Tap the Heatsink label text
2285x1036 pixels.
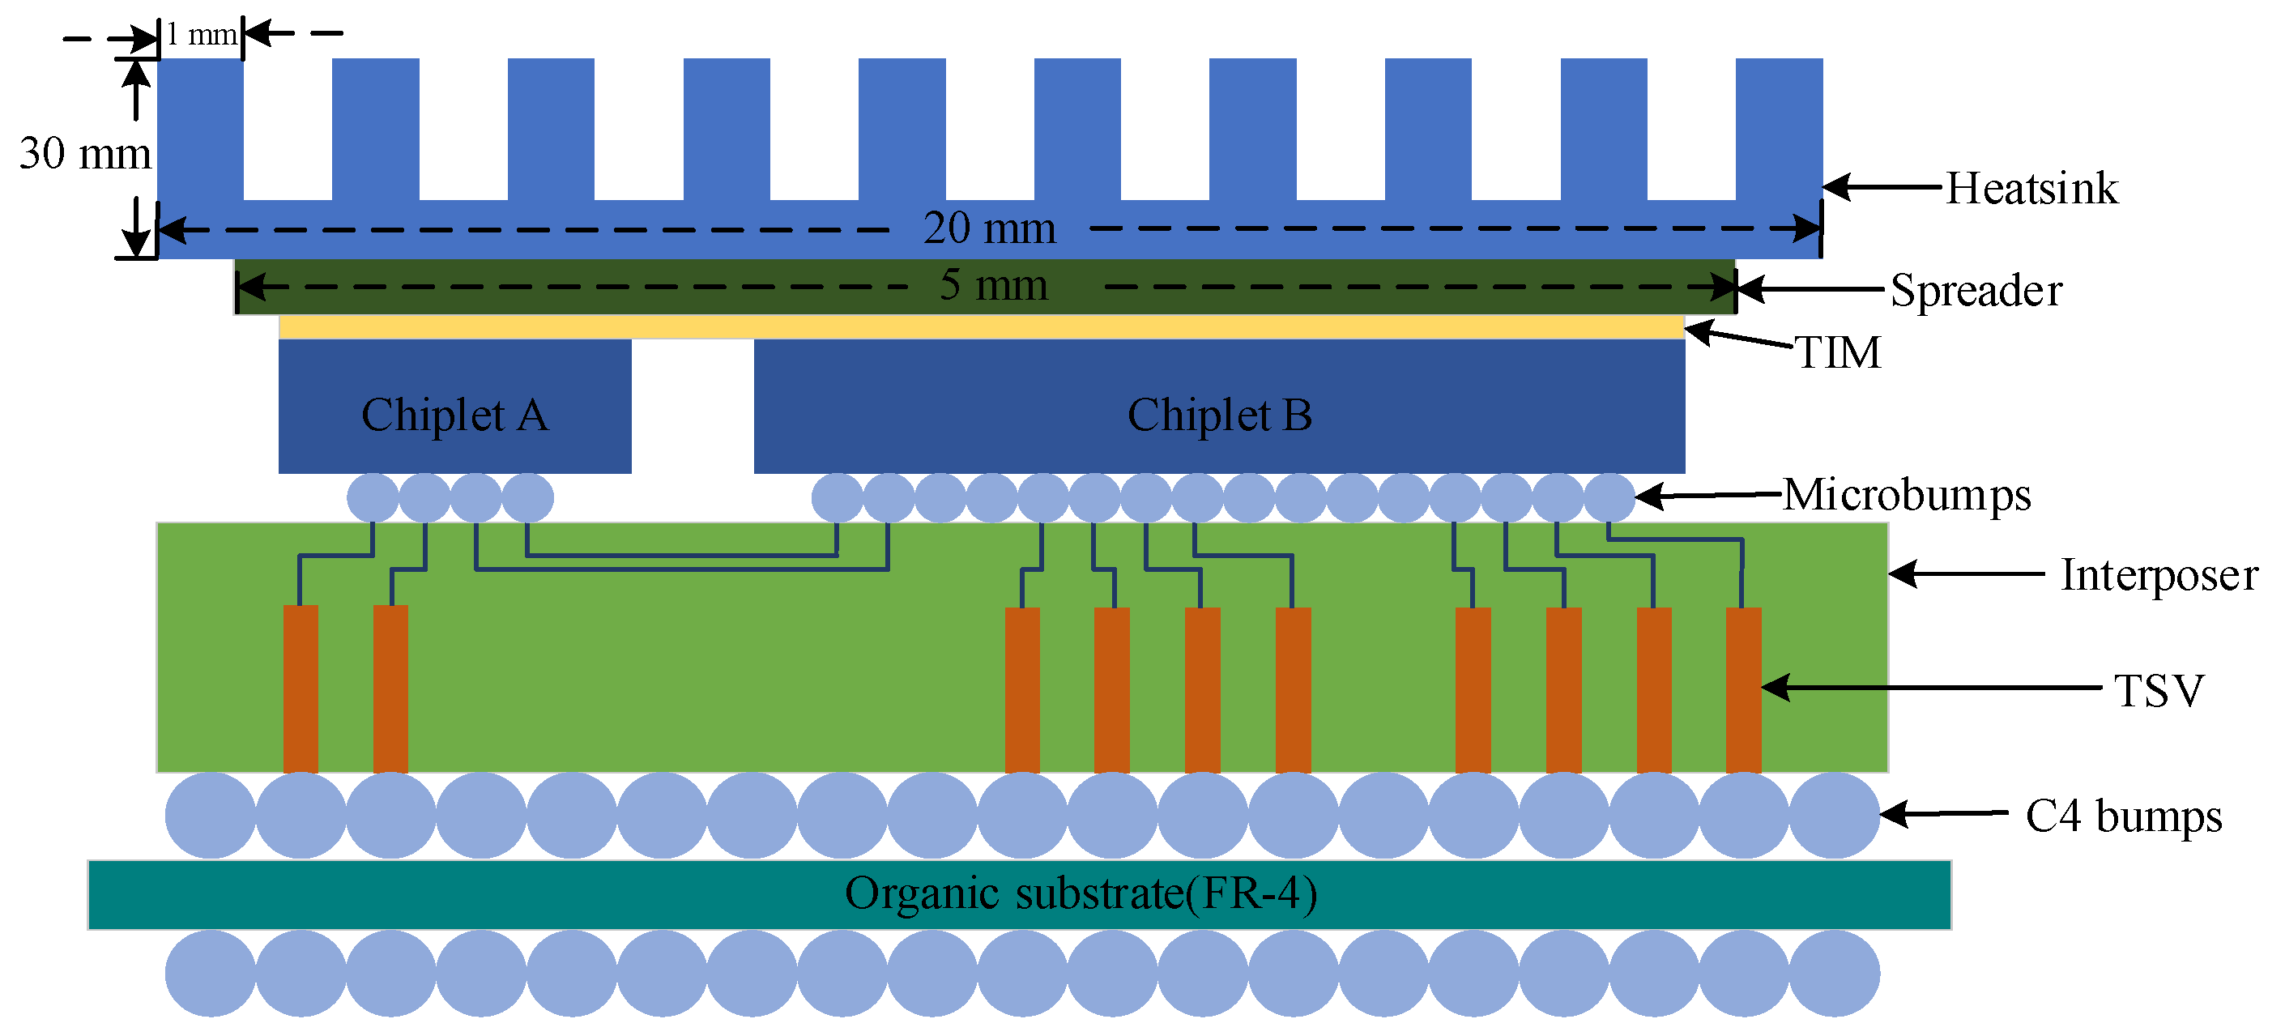2031,188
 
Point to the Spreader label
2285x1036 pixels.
1976,290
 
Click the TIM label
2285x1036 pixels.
1838,352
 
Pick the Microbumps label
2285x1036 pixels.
1907,494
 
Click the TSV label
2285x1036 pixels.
2159,690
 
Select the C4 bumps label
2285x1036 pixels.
2124,815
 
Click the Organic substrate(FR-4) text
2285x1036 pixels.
1081,893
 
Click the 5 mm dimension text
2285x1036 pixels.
994,285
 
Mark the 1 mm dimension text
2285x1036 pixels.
202,35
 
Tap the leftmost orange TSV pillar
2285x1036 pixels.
301,689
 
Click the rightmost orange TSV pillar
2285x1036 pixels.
1743,689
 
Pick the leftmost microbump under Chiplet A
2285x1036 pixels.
373,497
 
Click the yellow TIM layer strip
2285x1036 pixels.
981,327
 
